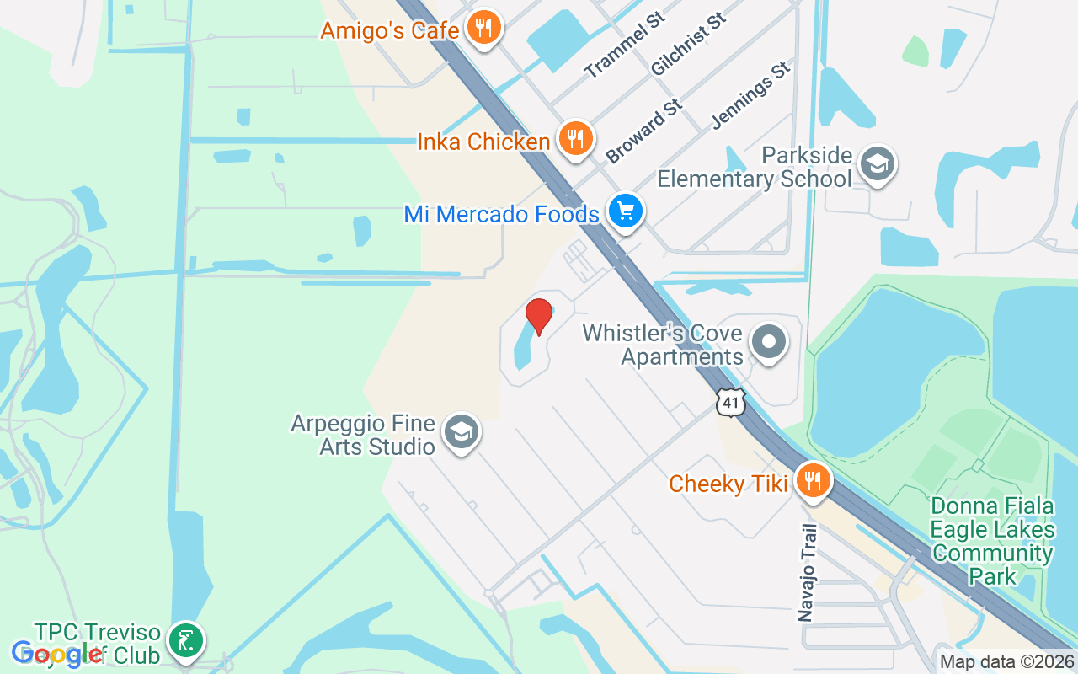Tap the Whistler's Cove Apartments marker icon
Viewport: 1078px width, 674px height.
768,343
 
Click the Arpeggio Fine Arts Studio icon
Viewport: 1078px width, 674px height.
460,432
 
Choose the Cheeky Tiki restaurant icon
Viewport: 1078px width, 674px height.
813,482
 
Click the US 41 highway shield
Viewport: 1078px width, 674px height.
730,403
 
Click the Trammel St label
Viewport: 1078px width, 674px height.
624,45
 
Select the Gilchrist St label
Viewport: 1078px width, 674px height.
688,45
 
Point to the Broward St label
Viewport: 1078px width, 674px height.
643,131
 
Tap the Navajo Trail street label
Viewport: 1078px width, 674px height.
808,573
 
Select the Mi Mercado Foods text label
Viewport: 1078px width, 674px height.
501,214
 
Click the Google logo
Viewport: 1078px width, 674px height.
57,653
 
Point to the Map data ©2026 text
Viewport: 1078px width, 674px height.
1006,662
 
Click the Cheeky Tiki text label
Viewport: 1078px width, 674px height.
728,484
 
